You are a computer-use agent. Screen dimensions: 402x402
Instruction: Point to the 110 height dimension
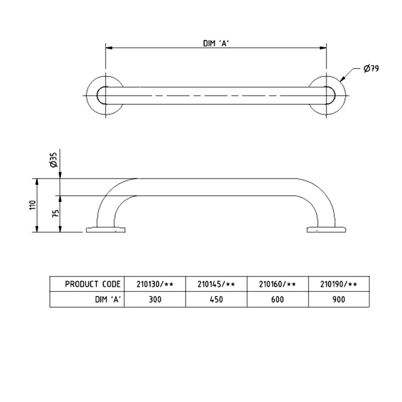tap(33, 205)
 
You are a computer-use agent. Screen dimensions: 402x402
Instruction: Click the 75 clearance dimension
tap(56, 213)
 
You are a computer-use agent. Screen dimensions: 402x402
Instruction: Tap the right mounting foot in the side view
tap(326, 230)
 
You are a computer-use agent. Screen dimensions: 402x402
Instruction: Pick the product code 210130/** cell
tap(155, 284)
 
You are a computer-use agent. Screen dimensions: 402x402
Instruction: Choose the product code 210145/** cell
tap(216, 284)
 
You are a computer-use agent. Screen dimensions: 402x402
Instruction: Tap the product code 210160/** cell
tap(277, 284)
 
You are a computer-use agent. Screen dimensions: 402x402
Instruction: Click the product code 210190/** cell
tap(338, 284)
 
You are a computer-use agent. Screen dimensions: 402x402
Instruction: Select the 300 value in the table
tap(155, 299)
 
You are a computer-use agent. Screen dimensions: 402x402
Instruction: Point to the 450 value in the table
tap(216, 299)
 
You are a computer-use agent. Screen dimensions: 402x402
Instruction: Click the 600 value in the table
tap(277, 299)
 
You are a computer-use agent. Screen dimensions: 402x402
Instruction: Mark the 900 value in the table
tap(338, 299)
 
